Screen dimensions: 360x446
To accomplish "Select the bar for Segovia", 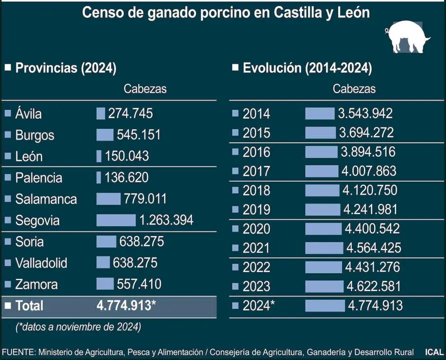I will point(116,220).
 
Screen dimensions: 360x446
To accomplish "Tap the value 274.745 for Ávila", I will point(130,113).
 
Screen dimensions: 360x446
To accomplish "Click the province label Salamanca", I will point(46,199).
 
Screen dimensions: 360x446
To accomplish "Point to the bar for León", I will point(99,156).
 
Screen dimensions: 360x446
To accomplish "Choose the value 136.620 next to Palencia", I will point(126,177).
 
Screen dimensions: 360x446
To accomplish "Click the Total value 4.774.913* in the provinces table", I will point(126,305).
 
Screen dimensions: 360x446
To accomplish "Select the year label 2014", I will point(256,113).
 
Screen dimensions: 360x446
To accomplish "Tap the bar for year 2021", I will point(324,247).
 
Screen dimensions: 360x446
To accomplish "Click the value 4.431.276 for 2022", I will point(372,266).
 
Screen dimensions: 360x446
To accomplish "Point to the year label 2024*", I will point(259,305).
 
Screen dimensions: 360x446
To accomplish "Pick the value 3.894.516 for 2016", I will point(368,152).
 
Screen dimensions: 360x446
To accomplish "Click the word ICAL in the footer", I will point(434,351).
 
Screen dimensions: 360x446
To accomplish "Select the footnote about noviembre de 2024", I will point(78,327).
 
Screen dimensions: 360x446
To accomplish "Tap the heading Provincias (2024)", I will point(65,68).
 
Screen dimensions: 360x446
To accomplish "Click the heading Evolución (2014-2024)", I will point(307,68).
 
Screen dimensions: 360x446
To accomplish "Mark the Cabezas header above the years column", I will point(354,89).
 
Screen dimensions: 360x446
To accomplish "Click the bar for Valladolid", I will point(103,262).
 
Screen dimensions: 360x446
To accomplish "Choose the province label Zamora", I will point(36,284).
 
